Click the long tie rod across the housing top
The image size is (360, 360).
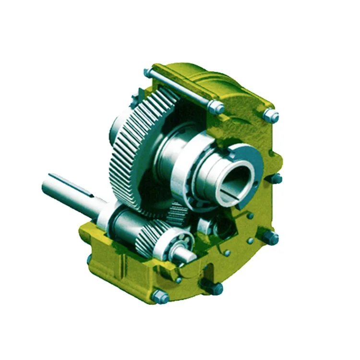[x=182, y=89]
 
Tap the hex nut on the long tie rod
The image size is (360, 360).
[x=216, y=108]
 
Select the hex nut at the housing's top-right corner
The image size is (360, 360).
[x=271, y=116]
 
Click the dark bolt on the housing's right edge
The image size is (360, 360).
[x=277, y=179]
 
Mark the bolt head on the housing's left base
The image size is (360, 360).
[x=89, y=259]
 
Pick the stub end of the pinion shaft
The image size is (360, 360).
[x=185, y=254]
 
